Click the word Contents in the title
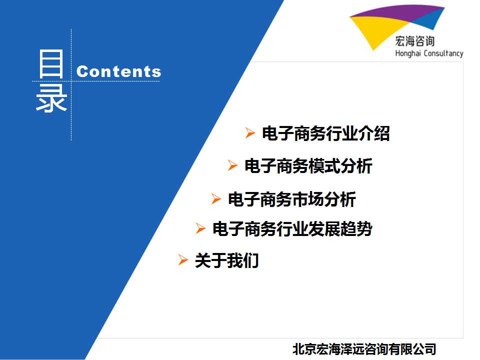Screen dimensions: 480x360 [x=118, y=71]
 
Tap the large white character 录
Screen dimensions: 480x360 [x=51, y=98]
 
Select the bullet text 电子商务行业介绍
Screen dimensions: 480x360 [x=325, y=133]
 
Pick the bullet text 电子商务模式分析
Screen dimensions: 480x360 [x=308, y=166]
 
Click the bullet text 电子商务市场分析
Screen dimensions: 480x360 [x=291, y=199]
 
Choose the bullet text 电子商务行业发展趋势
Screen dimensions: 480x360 [x=292, y=228]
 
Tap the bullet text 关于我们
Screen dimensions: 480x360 [x=226, y=260]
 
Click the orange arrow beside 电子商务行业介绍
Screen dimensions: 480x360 [x=250, y=133]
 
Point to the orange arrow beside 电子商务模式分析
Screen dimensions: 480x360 [x=232, y=165]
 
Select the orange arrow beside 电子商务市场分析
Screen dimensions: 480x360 [x=216, y=198]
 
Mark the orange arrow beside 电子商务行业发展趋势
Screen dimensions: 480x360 [x=200, y=228]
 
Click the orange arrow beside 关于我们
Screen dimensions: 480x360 [x=183, y=260]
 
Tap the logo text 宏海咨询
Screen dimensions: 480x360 [x=415, y=41]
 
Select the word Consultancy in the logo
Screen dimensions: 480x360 [x=443, y=53]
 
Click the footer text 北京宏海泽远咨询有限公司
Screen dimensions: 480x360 [x=364, y=349]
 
